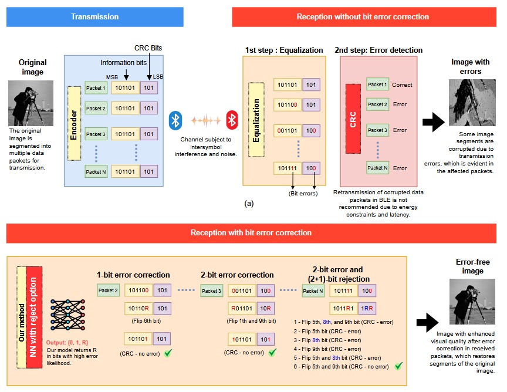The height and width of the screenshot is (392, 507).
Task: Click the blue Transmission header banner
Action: click(95, 16)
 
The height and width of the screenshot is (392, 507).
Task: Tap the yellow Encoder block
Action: click(73, 123)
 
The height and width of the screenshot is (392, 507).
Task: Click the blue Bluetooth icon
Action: click(175, 120)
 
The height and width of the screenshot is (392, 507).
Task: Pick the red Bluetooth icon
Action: click(232, 120)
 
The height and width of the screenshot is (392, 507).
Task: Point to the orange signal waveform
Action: click(203, 121)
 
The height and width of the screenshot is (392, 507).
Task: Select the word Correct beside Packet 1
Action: click(403, 85)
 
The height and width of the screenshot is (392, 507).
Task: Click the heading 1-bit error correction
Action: click(133, 275)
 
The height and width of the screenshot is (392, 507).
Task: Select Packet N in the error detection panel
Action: click(377, 168)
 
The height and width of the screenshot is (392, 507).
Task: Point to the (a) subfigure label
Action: click(249, 203)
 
